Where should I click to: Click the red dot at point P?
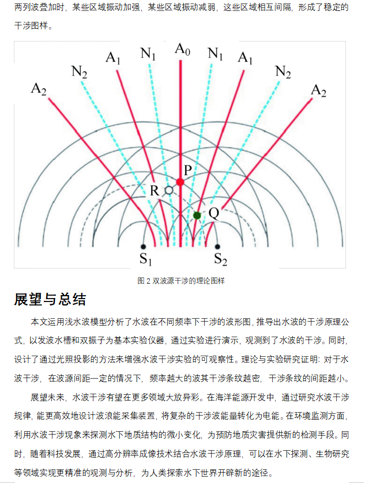click(x=180, y=182)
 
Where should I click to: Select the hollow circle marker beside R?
click(x=169, y=190)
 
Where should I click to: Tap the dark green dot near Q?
click(x=197, y=216)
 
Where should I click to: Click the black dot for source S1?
click(x=143, y=247)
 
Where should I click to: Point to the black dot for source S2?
click(x=217, y=247)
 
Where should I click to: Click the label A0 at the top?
click(x=182, y=50)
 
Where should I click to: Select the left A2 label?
click(x=39, y=89)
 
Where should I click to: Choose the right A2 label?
click(x=318, y=91)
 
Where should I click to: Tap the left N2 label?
click(x=79, y=72)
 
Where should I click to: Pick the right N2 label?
click(x=283, y=72)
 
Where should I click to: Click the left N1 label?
click(x=148, y=54)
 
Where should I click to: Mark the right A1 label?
click(x=245, y=58)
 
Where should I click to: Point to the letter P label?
click(x=188, y=170)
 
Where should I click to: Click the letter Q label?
click(x=214, y=213)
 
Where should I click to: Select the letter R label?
click(x=155, y=191)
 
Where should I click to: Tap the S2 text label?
click(x=221, y=259)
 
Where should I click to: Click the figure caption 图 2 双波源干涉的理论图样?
click(x=181, y=281)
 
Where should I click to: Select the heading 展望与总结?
click(x=50, y=299)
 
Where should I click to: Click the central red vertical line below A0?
click(x=180, y=153)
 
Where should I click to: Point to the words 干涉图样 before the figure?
click(x=31, y=25)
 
